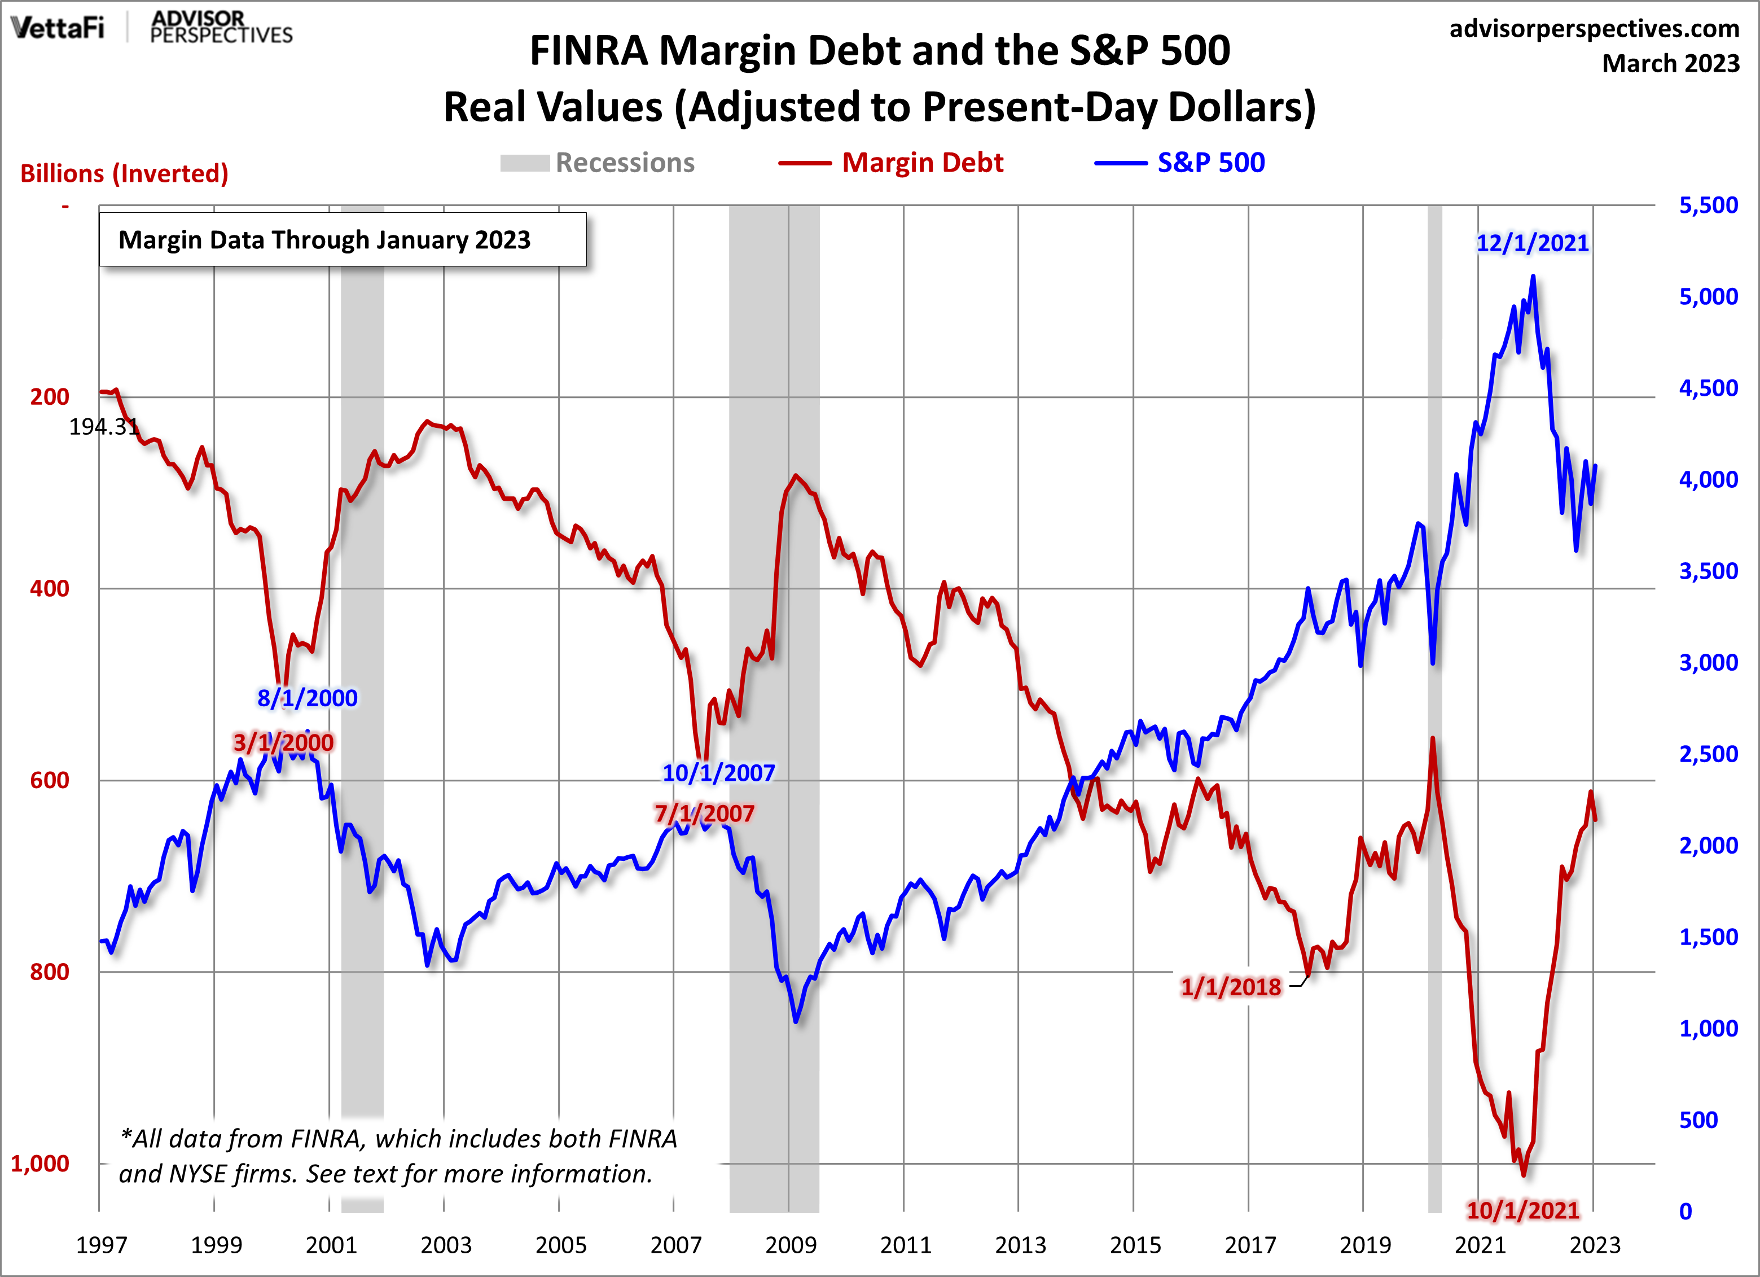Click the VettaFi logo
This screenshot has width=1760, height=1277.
pos(58,28)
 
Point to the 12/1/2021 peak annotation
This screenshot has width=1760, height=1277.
pos(1532,243)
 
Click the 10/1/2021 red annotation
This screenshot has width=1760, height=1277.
pos(1522,1209)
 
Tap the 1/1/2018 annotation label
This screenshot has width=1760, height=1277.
pos(1231,987)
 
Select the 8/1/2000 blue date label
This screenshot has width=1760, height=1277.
pos(308,698)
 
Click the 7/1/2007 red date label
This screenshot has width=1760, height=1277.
pos(704,814)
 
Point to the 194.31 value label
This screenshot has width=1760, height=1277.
pos(103,426)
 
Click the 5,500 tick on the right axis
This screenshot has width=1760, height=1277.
pos(1708,205)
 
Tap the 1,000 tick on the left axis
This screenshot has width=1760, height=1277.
pos(39,1163)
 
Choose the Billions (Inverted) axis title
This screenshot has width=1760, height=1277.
pos(124,173)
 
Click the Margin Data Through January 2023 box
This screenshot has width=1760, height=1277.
pos(342,240)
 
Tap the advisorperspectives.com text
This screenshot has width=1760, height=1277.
pos(1594,29)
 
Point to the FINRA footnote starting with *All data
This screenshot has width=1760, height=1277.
pos(398,1156)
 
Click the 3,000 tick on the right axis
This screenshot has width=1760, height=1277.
pos(1708,662)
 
